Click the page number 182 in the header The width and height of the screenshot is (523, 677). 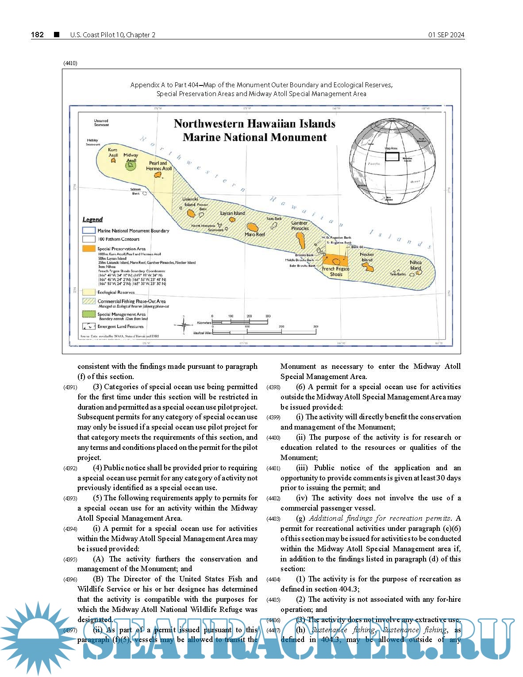38,35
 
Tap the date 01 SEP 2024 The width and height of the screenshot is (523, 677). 446,35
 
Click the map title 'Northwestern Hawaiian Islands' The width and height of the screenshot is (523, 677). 254,124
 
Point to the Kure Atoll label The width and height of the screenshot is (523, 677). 113,152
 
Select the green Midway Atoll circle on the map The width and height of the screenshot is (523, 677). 130,166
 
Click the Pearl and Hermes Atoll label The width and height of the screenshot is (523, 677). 158,166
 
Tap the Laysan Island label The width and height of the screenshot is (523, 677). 232,213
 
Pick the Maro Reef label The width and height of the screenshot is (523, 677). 254,234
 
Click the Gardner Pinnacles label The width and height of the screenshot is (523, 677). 300,225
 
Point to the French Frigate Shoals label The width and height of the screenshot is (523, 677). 335,271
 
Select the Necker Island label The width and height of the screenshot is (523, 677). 367,257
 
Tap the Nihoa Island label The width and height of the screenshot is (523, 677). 415,265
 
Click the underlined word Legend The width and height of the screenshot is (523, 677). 92,219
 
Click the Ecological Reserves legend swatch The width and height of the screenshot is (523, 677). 89,292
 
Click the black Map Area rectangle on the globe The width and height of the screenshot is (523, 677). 392,156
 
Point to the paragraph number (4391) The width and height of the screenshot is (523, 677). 70,387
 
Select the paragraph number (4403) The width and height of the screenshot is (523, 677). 273,519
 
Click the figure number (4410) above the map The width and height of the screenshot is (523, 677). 70,63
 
